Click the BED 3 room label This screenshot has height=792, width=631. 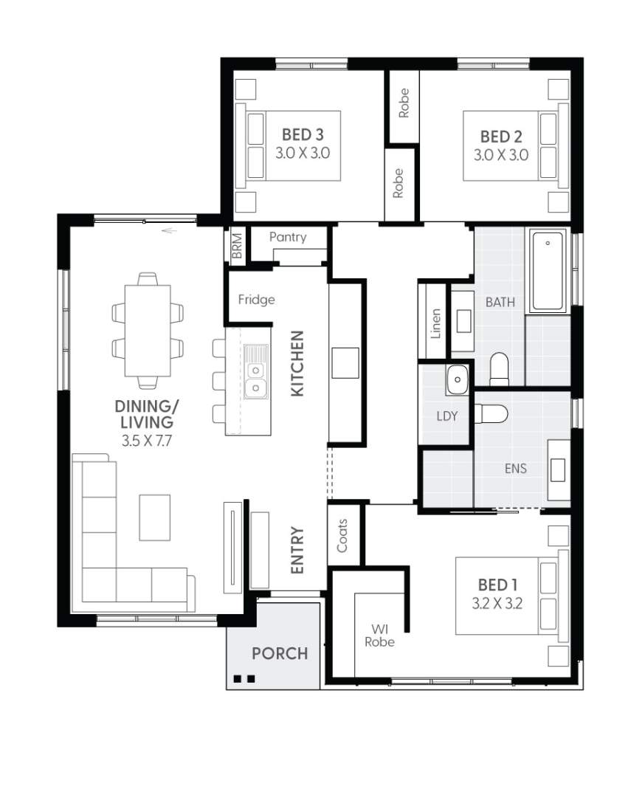click(x=303, y=135)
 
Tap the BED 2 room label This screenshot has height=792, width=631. click(x=500, y=137)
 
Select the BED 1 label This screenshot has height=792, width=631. click(x=497, y=585)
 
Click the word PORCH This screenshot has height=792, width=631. click(x=280, y=653)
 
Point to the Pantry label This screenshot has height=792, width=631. click(x=288, y=237)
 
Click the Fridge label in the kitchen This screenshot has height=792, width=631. click(x=257, y=300)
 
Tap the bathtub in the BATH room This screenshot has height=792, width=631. click(x=548, y=270)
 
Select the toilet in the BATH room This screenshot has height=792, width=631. click(x=499, y=369)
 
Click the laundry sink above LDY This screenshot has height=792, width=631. click(x=458, y=379)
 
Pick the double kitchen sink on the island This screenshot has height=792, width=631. click(x=255, y=371)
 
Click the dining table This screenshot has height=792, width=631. click(x=148, y=331)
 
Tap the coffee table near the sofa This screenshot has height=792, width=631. click(x=154, y=517)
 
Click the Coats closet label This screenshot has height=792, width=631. click(x=342, y=535)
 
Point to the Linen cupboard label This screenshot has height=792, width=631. click(x=435, y=324)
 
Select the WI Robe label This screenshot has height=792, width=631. click(x=379, y=636)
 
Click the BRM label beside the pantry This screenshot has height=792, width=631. click(x=237, y=246)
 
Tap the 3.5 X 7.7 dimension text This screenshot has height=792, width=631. click(x=147, y=441)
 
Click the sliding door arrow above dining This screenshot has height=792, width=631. click(x=170, y=231)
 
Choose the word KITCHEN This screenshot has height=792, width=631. click(x=297, y=364)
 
